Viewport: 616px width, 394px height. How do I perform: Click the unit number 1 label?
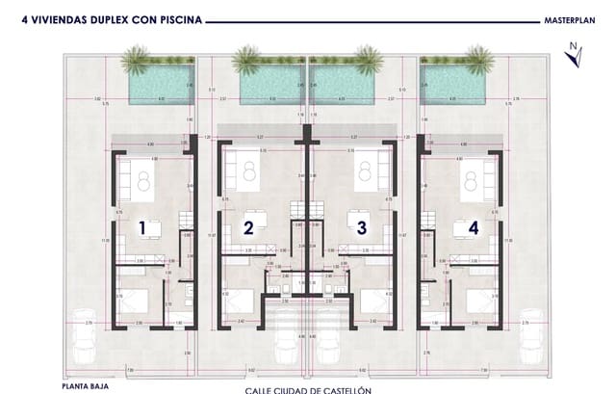tap(142, 228)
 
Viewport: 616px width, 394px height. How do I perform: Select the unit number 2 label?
tap(248, 228)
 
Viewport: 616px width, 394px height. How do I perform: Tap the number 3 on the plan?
tap(362, 228)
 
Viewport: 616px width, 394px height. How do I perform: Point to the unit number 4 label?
tap(473, 228)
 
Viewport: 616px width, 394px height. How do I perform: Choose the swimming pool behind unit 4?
tap(451, 86)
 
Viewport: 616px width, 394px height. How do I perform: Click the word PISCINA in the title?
tap(178, 17)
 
